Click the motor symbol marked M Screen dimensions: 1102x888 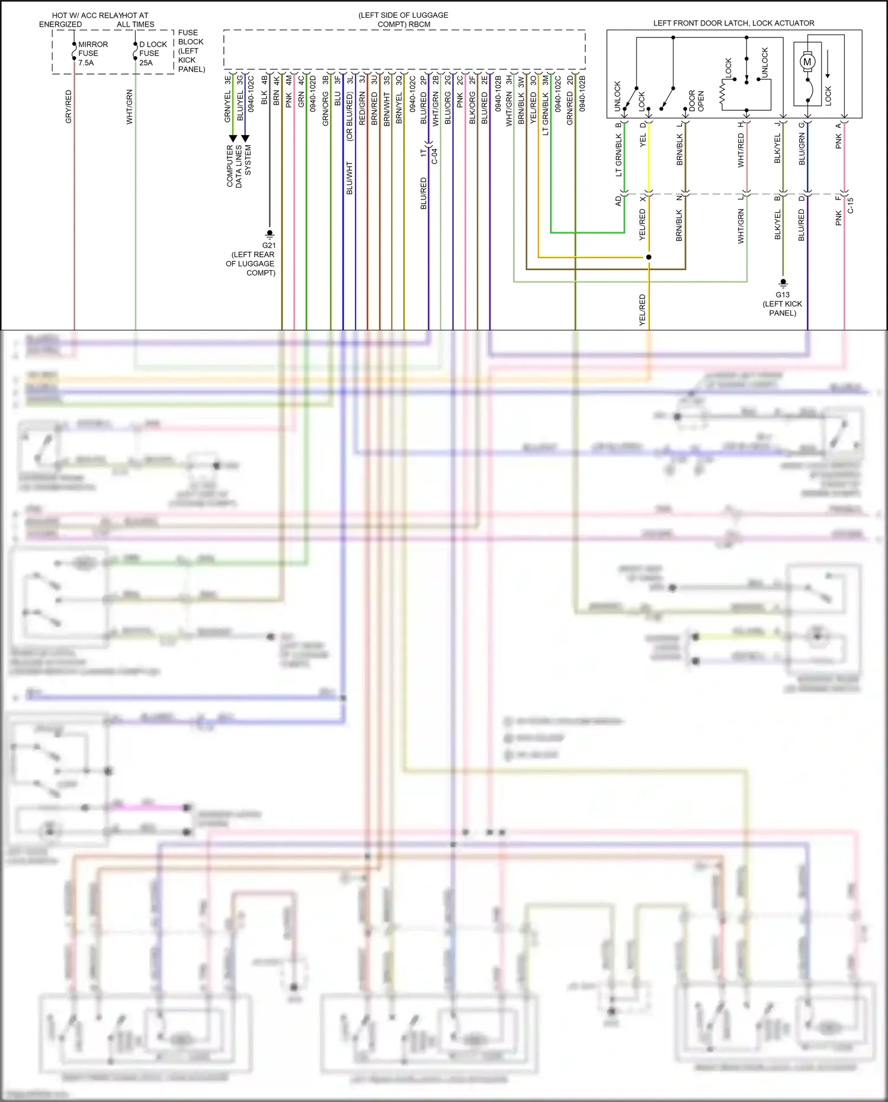click(807, 62)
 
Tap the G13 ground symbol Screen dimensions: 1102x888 click(783, 283)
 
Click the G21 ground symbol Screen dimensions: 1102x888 click(270, 234)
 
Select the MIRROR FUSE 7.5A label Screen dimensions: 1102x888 click(92, 53)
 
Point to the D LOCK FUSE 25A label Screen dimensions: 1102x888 click(153, 53)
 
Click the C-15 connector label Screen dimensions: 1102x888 click(850, 205)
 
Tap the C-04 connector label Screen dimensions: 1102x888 click(434, 155)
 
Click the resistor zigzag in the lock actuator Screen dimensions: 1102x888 click(723, 95)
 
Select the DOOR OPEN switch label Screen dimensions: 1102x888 click(696, 101)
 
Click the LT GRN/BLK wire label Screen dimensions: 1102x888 click(618, 155)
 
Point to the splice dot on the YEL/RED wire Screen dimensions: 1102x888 click(649, 257)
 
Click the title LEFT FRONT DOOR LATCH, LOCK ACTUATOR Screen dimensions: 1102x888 click(733, 23)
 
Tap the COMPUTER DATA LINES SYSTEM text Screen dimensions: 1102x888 click(239, 166)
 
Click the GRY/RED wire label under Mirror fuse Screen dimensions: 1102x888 click(68, 107)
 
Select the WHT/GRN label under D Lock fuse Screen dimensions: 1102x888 click(129, 107)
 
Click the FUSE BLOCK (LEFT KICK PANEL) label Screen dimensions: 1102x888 click(191, 51)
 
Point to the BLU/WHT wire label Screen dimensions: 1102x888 click(349, 178)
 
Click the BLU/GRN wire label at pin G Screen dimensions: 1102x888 click(802, 149)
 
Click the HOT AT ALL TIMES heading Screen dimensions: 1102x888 click(136, 20)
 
